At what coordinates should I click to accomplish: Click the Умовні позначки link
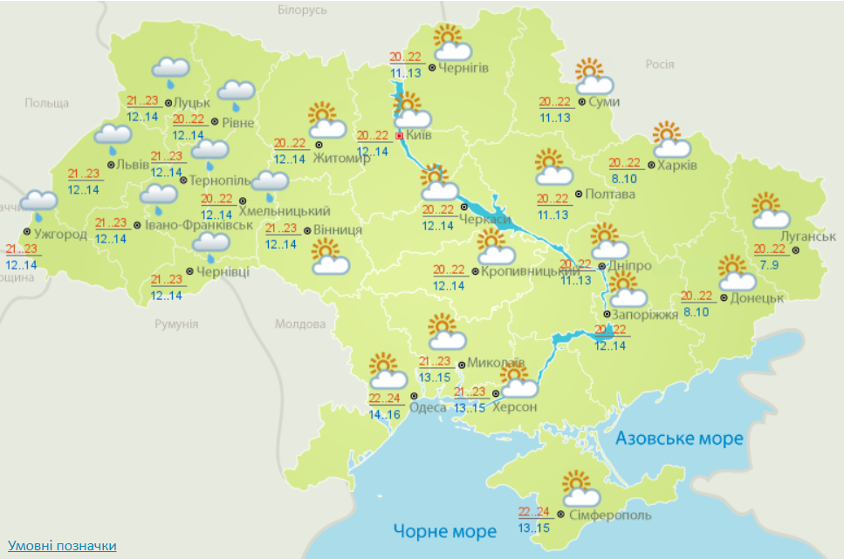[x=61, y=545]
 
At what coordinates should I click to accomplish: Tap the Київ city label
[x=420, y=136]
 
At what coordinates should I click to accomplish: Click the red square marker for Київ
[x=400, y=136]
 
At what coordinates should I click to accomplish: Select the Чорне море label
[x=444, y=530]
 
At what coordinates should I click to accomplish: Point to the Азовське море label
[x=680, y=438]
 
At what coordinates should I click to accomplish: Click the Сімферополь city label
[x=607, y=515]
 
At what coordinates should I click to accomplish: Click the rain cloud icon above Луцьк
[x=171, y=71]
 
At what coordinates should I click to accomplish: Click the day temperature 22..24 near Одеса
[x=384, y=398]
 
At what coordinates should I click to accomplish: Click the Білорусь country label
[x=301, y=10]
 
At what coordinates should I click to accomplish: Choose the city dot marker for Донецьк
[x=724, y=297]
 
